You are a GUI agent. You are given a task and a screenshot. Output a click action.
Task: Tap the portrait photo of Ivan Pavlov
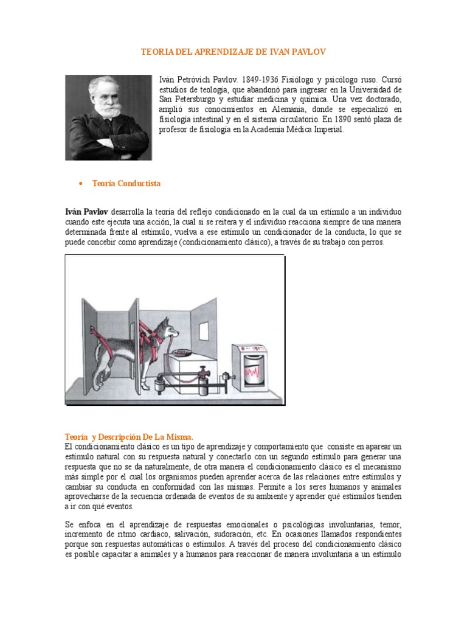(108, 117)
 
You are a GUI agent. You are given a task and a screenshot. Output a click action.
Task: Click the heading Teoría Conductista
(126, 183)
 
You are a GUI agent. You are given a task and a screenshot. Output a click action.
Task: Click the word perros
(371, 243)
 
